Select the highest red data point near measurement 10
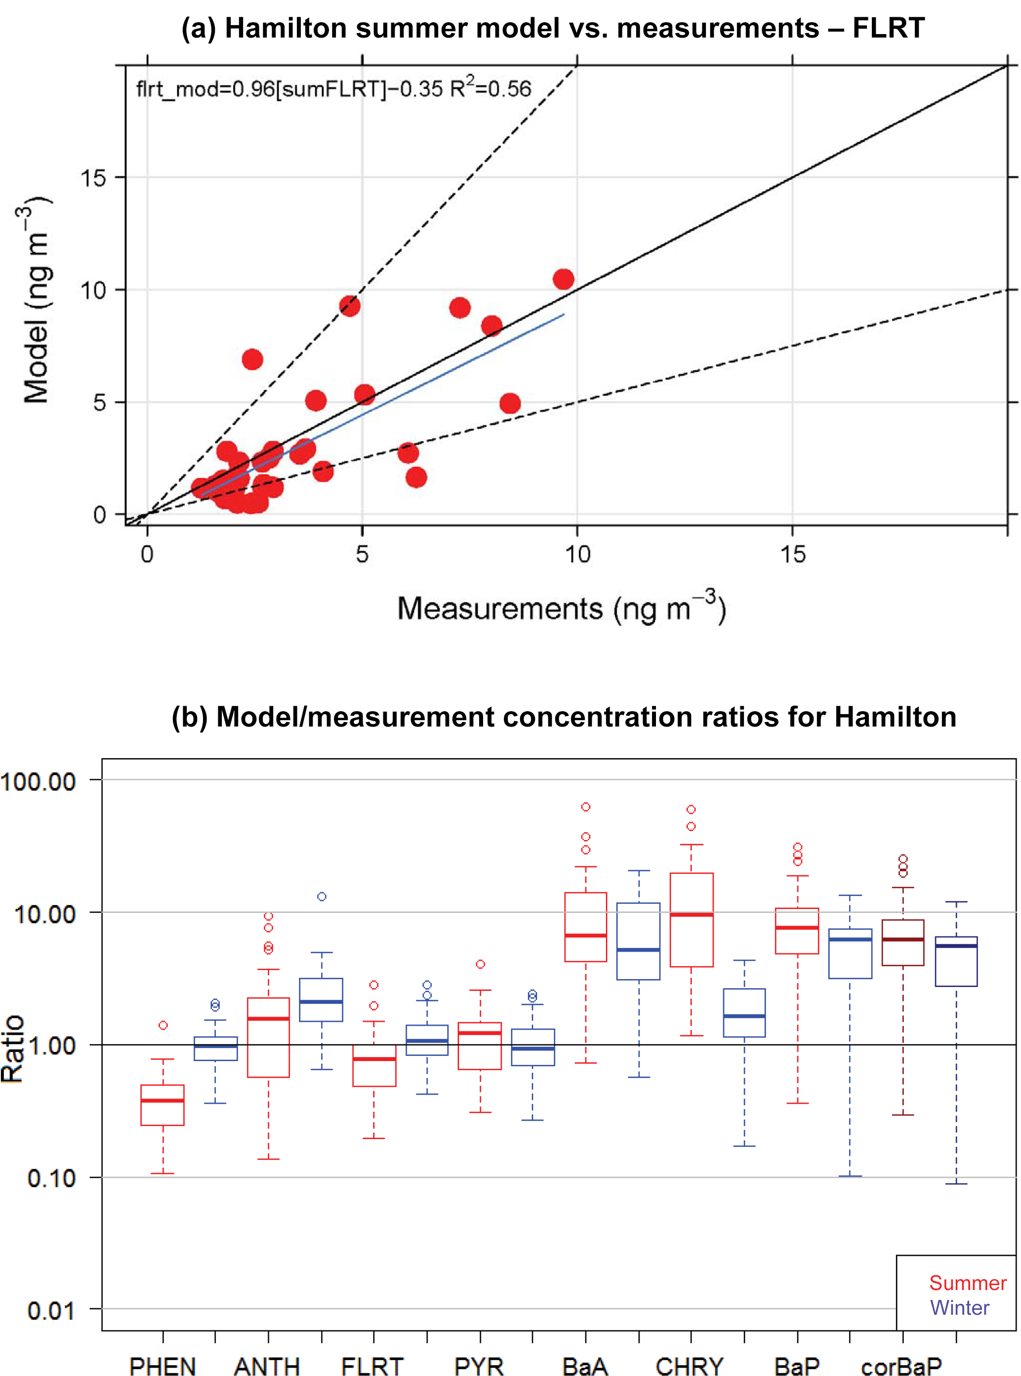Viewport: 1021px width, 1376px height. (x=563, y=279)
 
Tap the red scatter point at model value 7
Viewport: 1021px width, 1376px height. (x=252, y=359)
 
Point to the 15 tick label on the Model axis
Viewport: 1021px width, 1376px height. (x=93, y=179)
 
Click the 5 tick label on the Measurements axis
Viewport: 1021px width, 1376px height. (x=362, y=554)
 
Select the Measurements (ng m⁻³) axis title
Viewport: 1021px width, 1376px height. (x=561, y=608)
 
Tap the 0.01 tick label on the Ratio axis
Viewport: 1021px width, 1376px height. (x=51, y=1310)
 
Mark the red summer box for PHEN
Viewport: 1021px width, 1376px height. (x=163, y=1105)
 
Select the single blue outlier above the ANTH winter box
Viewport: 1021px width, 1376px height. (x=322, y=896)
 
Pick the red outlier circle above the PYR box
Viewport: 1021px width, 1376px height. (x=480, y=964)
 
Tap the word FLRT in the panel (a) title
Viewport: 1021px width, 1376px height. (x=888, y=29)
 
